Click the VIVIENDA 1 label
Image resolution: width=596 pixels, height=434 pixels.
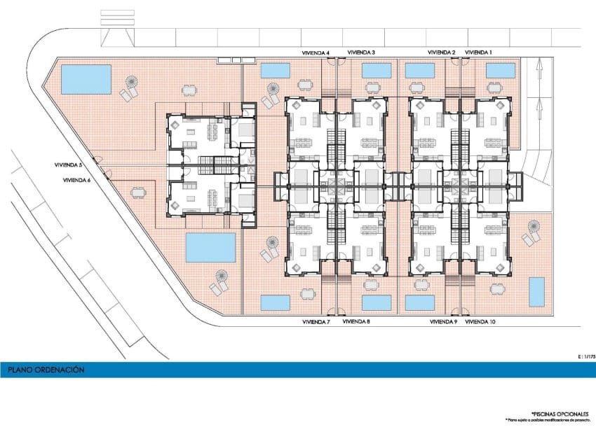click(x=479, y=52)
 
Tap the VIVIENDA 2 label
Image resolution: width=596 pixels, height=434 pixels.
click(x=442, y=52)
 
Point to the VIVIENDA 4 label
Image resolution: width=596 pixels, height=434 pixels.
click(x=316, y=52)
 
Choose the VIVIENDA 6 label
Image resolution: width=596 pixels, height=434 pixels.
click(x=77, y=180)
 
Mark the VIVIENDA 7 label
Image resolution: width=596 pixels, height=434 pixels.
click(x=316, y=322)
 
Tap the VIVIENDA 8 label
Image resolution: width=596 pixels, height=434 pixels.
click(x=356, y=322)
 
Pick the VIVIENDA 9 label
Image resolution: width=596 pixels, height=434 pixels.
click(x=443, y=322)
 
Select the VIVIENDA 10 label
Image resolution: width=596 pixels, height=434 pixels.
click(x=480, y=322)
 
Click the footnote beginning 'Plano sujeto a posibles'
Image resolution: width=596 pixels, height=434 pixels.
click(x=546, y=420)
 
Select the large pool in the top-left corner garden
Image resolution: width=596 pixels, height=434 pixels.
click(x=86, y=79)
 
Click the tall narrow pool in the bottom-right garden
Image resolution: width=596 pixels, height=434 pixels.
click(x=536, y=291)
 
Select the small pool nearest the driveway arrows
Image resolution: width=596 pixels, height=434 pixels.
click(x=499, y=70)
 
